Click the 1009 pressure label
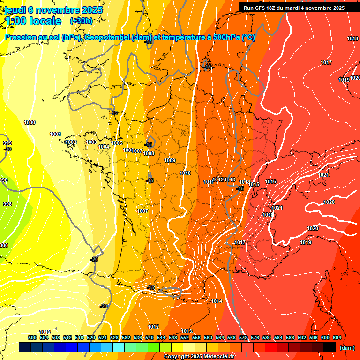point(170,161)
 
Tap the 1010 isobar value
point(185,173)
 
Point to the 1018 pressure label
point(352,38)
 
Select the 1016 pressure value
point(270,182)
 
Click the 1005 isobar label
point(117,143)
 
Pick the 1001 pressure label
point(55,134)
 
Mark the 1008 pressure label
point(149,153)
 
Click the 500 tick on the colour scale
point(32,337)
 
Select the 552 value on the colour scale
point(185,337)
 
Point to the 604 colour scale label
point(337,337)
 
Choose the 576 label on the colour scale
point(255,337)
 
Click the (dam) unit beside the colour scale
point(347,348)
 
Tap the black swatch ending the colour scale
point(330,347)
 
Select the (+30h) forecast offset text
point(81,21)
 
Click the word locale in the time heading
point(45,21)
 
